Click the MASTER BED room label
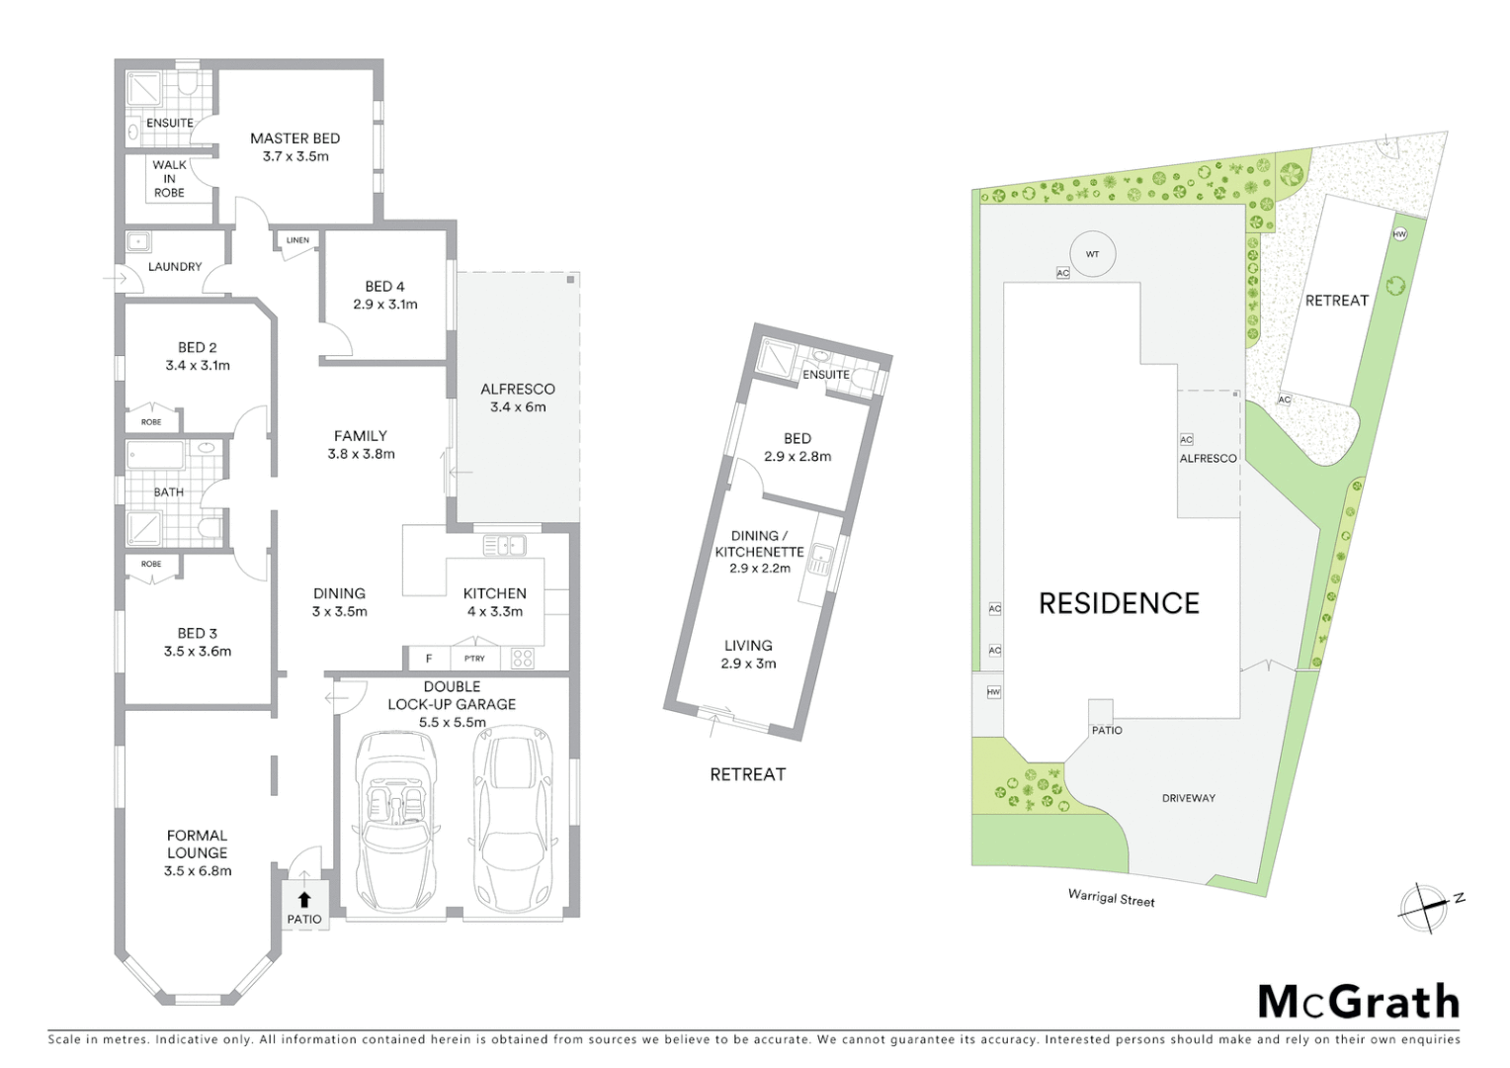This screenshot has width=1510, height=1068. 294,139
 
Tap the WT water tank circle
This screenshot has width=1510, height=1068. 1092,254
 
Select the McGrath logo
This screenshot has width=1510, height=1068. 1358,1002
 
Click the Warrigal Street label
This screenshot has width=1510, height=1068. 1111,898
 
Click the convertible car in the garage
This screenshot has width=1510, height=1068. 394,822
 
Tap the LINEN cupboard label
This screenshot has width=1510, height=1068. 297,240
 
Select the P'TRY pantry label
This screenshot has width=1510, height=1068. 474,659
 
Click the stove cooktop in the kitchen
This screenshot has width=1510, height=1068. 522,658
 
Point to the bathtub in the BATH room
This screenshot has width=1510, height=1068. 156,456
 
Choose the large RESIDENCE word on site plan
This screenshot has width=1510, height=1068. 1119,603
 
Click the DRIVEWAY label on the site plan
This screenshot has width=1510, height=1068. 1188,798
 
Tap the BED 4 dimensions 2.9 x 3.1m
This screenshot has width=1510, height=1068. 385,305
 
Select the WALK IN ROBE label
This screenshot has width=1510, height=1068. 169,179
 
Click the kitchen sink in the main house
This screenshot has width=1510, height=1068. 504,545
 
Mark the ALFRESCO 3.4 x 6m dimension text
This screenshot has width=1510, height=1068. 518,406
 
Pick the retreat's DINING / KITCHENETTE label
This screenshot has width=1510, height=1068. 759,544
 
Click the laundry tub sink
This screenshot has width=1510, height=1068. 138,240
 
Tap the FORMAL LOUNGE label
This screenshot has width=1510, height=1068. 198,844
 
